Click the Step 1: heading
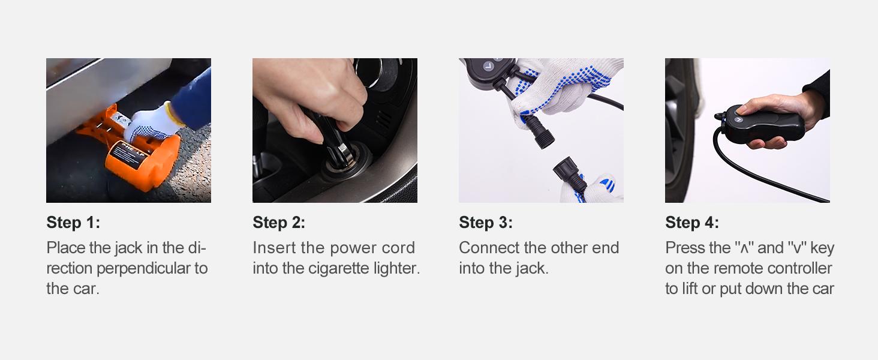73,223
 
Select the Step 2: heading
279,223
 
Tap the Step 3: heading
486,223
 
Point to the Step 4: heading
691,223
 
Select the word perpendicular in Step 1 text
140,268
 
